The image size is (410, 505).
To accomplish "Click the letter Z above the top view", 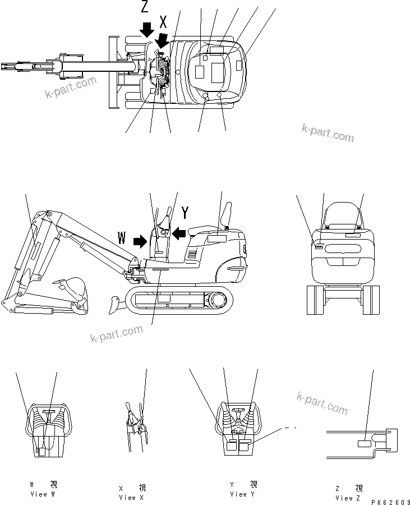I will pos(145,7).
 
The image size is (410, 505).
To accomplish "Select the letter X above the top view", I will pos(163,22).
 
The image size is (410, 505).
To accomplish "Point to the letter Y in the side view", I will pos(185,212).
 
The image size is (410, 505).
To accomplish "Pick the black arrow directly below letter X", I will pos(164,40).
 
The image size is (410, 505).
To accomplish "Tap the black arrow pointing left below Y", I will pos(179,232).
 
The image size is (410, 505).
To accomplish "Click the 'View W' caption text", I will pos(43,494).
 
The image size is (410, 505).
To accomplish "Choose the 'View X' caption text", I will pos(127,497).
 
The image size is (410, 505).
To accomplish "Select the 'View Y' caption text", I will pos(242,494).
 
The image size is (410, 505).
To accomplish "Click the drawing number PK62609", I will pos(387,501).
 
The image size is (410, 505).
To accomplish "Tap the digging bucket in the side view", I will pos(71,292).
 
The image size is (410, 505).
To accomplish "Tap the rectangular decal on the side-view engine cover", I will pos(216,239).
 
